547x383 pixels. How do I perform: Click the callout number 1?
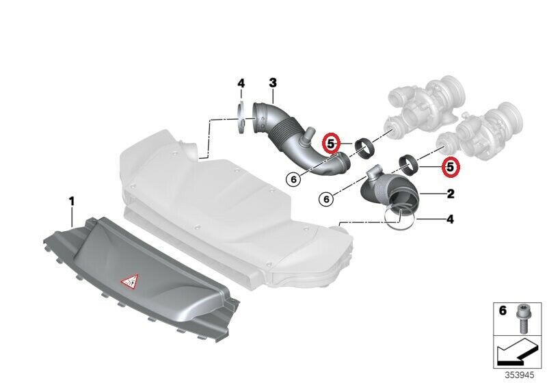point(72,201)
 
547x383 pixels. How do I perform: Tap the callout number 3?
point(273,83)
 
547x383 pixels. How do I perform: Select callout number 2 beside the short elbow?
point(451,194)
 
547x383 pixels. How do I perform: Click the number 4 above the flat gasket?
point(241,83)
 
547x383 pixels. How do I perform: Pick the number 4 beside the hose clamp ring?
point(450,220)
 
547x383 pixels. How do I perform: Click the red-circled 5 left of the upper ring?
point(331,143)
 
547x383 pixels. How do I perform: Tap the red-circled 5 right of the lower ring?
point(451,168)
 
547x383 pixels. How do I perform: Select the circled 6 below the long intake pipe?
point(293,179)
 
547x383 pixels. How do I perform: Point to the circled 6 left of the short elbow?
point(326,199)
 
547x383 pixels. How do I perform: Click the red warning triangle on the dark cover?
point(129,281)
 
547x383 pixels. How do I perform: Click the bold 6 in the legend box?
point(503,311)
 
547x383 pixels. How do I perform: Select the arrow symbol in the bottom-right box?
point(514,351)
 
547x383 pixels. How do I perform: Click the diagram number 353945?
point(520,375)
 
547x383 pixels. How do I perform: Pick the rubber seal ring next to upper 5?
point(365,148)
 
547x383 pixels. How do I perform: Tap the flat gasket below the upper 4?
point(240,117)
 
